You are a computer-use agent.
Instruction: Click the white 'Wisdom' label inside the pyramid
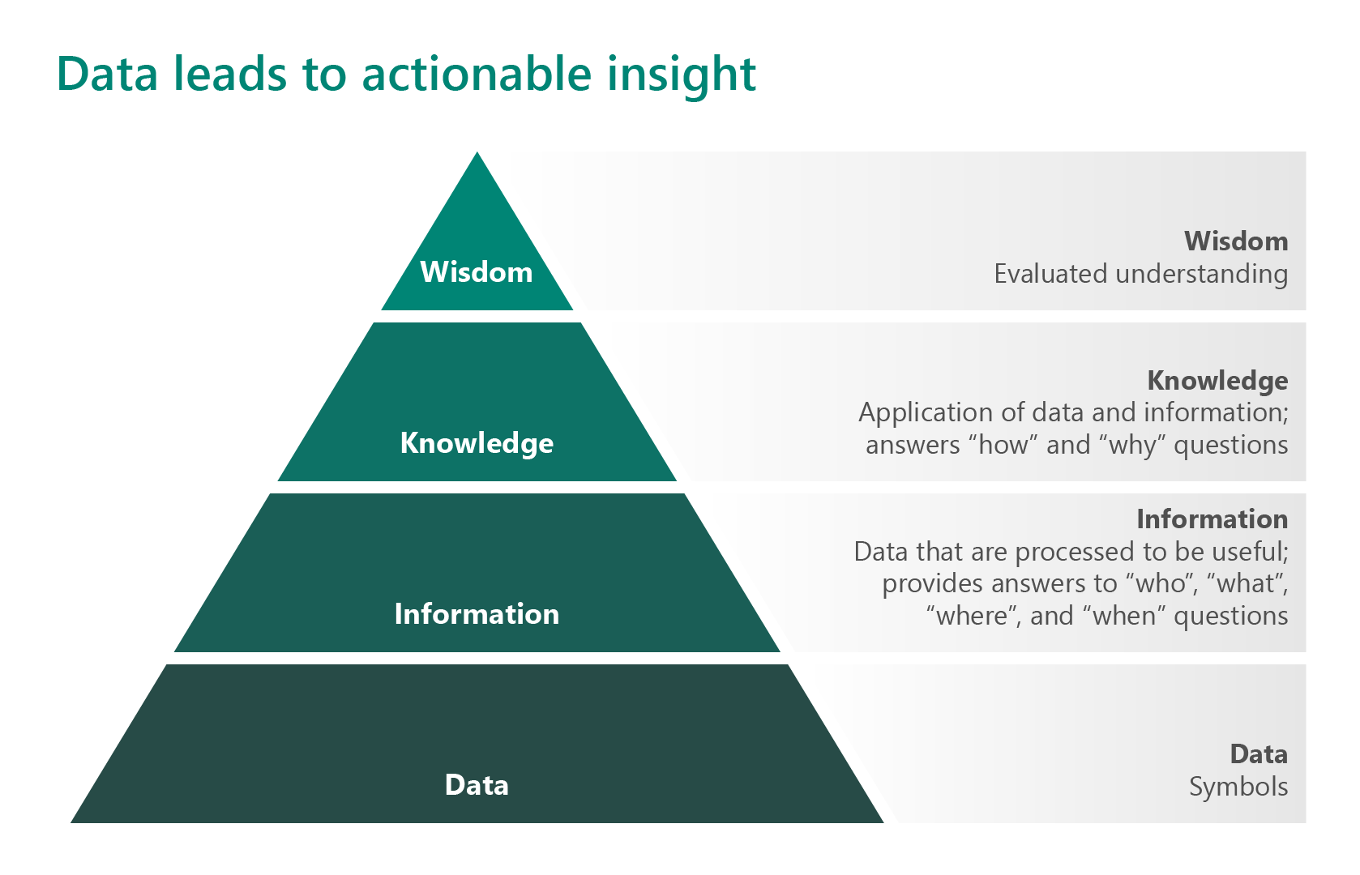(477, 272)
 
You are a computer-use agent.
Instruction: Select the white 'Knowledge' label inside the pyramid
(477, 443)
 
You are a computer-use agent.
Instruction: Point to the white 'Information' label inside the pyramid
(477, 614)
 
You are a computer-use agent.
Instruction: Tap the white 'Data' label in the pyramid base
(477, 785)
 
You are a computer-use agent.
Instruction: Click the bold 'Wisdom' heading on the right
(1236, 241)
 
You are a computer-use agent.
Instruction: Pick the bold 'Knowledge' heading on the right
(1217, 381)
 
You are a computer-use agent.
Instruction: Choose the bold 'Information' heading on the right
(1212, 519)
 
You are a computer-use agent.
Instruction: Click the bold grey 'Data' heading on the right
(1259, 754)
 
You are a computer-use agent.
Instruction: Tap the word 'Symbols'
(1238, 787)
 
